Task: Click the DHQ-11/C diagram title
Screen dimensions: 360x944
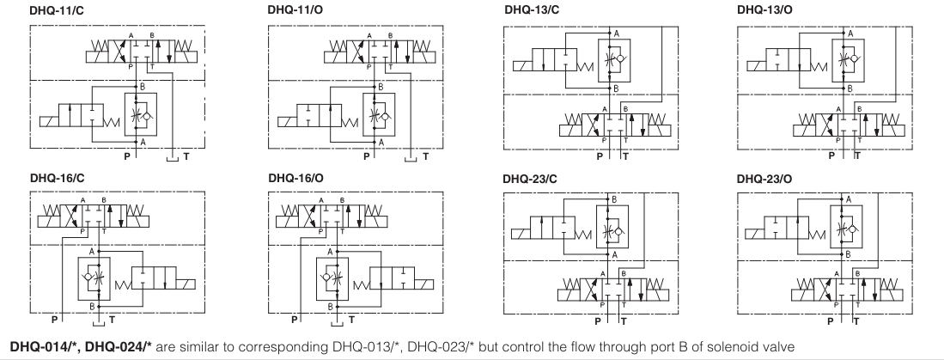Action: (x=53, y=9)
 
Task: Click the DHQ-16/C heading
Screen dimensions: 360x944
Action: (x=53, y=178)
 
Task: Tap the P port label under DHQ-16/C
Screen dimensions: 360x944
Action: (x=56, y=319)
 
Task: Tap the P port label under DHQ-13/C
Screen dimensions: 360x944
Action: (x=600, y=157)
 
